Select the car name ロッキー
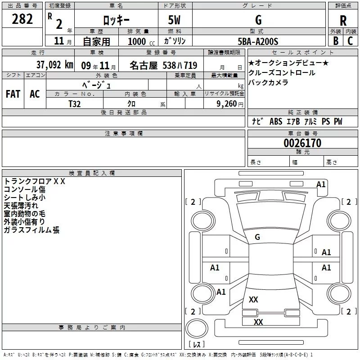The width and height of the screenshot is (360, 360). point(116,20)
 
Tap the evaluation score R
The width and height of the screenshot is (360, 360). point(343,20)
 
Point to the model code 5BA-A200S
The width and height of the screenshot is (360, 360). point(258,41)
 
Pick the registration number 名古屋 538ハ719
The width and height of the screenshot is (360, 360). point(163,65)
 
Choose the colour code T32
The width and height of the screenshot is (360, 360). point(75,103)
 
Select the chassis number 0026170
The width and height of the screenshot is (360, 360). point(302,144)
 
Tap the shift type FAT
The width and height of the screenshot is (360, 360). point(13,94)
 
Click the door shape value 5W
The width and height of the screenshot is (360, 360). point(175,20)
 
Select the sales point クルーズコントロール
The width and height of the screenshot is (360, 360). point(282,73)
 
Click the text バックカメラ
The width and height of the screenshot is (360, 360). point(268,82)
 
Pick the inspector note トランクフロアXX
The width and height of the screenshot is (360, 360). point(35,181)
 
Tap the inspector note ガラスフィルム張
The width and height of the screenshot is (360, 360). point(31,230)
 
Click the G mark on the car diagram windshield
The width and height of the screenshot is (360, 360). point(257,237)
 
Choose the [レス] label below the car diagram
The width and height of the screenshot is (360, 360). point(196,345)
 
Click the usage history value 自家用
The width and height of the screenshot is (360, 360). point(96,41)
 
